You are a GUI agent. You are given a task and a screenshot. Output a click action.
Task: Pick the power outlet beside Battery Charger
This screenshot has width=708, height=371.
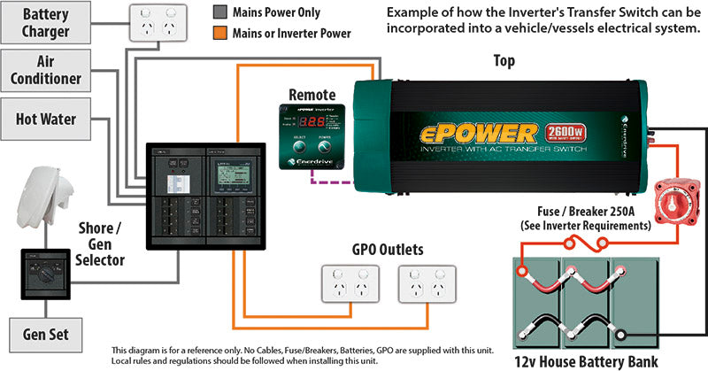(154, 23)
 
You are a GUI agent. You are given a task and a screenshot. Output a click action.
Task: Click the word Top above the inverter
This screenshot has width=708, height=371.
(504, 61)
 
